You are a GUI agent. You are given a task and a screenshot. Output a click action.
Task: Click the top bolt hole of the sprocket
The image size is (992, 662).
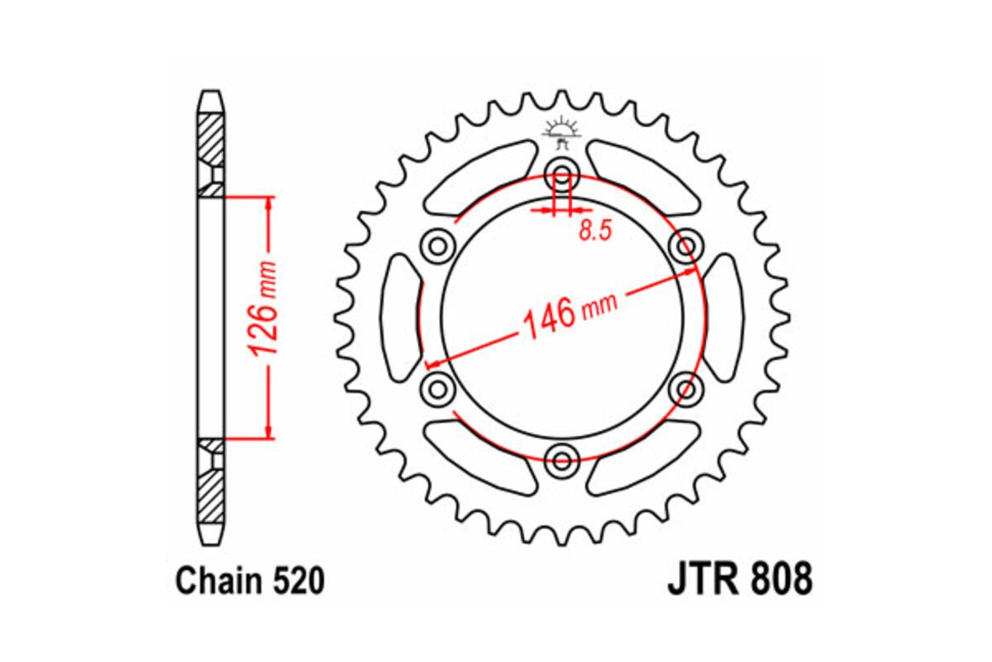tap(562, 176)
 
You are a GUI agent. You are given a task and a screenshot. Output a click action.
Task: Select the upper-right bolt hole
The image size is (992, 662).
tap(684, 246)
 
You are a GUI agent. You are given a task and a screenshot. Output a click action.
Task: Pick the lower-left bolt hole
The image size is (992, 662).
tap(438, 387)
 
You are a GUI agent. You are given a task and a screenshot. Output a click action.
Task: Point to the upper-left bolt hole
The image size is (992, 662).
tap(438, 246)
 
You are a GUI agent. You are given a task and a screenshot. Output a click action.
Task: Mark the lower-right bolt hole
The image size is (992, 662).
tap(685, 387)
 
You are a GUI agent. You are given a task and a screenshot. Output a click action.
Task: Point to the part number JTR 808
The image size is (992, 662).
tap(739, 580)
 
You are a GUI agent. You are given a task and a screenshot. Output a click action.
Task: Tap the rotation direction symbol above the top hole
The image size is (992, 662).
tap(561, 132)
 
